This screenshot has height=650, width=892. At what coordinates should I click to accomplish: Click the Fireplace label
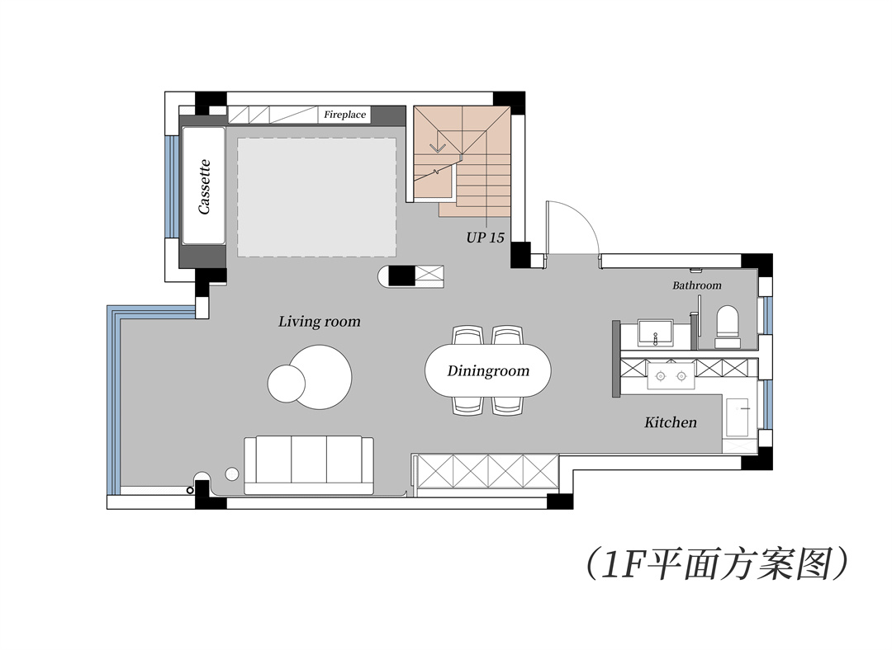(344, 115)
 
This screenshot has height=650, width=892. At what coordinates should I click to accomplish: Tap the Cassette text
(204, 186)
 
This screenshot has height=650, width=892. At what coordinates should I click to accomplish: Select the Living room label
(319, 322)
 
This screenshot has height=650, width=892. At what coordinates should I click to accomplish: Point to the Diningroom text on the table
(488, 371)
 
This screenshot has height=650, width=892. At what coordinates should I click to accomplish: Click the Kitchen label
(670, 422)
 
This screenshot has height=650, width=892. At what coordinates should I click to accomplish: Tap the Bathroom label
(697, 285)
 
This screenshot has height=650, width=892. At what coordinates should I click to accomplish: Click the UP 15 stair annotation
(486, 238)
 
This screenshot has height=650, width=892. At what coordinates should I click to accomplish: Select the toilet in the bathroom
(728, 327)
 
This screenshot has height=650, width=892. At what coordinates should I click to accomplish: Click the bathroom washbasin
(655, 333)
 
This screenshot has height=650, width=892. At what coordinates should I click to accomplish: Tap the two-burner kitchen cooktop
(671, 375)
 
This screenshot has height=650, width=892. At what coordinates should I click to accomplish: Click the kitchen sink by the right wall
(738, 417)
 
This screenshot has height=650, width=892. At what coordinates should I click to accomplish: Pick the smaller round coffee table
(286, 384)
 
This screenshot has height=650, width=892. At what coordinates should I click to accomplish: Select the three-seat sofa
(309, 465)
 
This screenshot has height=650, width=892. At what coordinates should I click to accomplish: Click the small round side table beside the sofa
(232, 473)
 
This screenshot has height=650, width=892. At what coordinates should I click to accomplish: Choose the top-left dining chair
(468, 335)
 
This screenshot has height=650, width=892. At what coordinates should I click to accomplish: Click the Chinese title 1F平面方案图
(718, 563)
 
